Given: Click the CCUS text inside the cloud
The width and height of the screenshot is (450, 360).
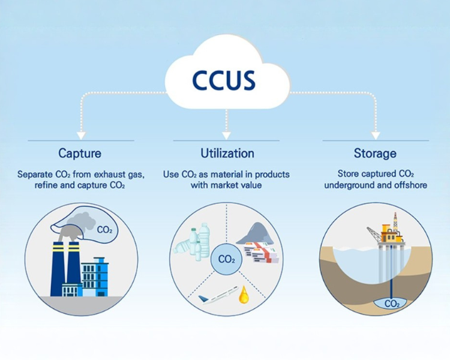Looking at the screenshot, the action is click(x=224, y=80).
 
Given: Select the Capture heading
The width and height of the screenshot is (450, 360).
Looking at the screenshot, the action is click(x=80, y=153).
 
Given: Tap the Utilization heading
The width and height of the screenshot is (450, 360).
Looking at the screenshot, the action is click(x=227, y=153).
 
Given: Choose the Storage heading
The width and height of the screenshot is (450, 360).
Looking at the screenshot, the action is click(x=375, y=154).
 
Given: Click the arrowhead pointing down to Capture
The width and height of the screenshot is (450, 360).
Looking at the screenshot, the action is click(x=82, y=135).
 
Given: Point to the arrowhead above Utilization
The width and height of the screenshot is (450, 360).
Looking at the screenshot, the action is click(x=226, y=135).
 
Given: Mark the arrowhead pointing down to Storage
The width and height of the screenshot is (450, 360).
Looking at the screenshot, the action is click(x=376, y=135).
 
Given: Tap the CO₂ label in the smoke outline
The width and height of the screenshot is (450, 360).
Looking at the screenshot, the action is click(x=104, y=230).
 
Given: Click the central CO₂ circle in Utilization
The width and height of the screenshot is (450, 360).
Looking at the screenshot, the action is click(x=226, y=259).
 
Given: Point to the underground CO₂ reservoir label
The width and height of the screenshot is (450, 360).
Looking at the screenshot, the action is click(x=392, y=304).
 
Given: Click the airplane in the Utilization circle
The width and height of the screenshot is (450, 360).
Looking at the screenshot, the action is click(x=218, y=295).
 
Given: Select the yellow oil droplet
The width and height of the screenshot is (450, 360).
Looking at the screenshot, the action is click(x=244, y=295).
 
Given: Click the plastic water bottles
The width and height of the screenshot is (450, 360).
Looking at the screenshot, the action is click(x=192, y=241).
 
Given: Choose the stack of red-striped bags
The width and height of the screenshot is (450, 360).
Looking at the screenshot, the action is click(x=261, y=252).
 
